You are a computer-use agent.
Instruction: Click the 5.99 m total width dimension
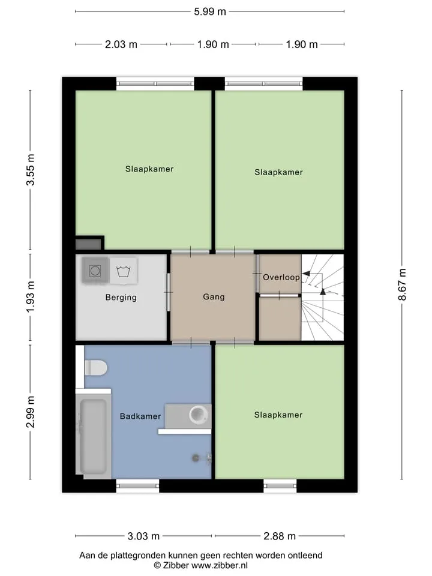[x=210, y=12]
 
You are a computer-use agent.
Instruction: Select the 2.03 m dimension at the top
[x=121, y=44]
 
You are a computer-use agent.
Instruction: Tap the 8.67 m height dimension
[x=402, y=284]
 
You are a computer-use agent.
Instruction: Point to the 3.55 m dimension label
[x=31, y=170]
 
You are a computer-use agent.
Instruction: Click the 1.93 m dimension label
[x=31, y=297]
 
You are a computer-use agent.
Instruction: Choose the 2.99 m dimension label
[x=31, y=412]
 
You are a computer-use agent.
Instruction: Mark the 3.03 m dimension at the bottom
[x=143, y=536]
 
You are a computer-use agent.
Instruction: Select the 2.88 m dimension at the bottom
[x=280, y=536]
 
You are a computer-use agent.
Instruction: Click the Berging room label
[x=121, y=297]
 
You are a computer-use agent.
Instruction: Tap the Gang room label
[x=214, y=296]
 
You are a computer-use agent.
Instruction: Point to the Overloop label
[x=281, y=277]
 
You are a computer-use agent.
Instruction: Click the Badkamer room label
[x=140, y=416]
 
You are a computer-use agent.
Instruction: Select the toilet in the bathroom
[x=95, y=368]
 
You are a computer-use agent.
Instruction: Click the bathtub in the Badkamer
[x=94, y=436]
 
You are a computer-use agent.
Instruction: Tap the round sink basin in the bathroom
[x=199, y=415]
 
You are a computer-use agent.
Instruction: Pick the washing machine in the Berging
[x=95, y=271]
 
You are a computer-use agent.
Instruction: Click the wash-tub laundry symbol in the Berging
[x=124, y=271]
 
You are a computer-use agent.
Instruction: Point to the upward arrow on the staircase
[x=323, y=292]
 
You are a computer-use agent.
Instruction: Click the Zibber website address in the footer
[x=220, y=565]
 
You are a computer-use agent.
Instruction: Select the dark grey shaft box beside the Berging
[x=88, y=244]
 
